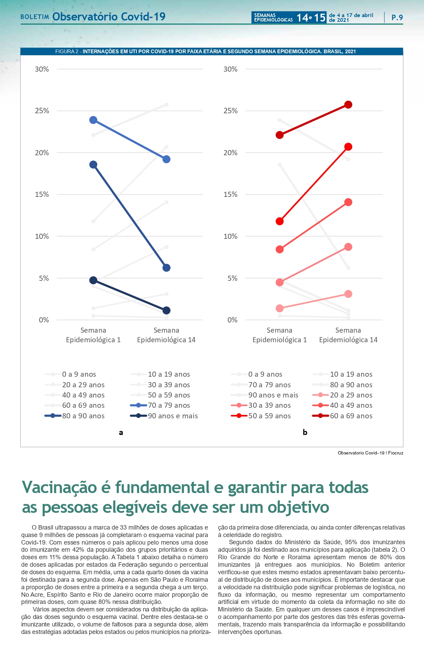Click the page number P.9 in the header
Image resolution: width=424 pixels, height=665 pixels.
point(397,17)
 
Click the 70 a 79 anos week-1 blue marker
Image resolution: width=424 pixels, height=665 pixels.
point(93,120)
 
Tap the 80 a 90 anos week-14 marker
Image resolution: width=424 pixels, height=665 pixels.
point(166,268)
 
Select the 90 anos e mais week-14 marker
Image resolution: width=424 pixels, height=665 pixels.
point(166,310)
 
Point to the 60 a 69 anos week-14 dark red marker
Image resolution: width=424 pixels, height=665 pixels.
point(348,105)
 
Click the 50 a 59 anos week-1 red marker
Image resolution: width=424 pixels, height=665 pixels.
point(279,221)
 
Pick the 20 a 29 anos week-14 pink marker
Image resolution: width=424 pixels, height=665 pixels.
point(348,294)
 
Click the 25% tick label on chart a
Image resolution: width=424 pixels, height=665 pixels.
point(42,111)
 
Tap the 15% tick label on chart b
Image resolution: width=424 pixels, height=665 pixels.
point(230,194)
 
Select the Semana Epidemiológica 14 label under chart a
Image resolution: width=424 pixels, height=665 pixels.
point(166,335)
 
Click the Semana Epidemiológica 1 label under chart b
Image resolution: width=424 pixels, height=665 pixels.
point(279,335)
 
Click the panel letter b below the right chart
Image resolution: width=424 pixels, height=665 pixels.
point(305,432)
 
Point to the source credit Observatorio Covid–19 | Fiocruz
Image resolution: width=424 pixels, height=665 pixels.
point(370,453)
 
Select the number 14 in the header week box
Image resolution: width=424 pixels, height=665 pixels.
point(302,17)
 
